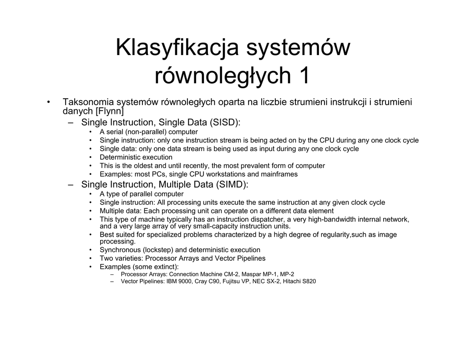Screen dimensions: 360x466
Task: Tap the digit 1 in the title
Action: (304, 76)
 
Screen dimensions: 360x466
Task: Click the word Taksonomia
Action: (88, 102)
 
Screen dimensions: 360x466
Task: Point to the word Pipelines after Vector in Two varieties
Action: (250, 259)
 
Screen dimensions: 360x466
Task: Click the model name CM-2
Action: (231, 274)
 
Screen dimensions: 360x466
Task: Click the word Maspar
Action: (252, 274)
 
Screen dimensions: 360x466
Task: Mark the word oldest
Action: (136, 166)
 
